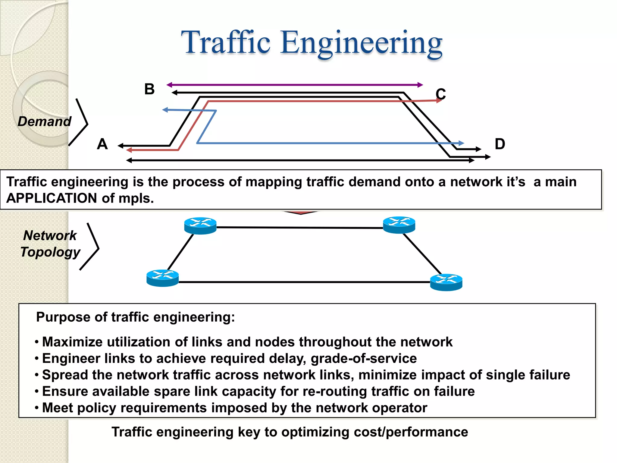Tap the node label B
point(149,89)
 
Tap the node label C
point(440,94)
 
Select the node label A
point(102,144)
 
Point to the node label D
point(500,144)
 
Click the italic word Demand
point(44,121)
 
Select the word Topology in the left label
point(50,252)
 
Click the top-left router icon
point(200,225)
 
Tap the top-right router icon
point(399,225)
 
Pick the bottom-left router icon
point(162,278)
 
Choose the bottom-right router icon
point(446,282)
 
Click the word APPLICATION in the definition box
point(52,198)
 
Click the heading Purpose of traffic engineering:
point(135,317)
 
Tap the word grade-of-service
point(364,358)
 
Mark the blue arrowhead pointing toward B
point(165,110)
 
